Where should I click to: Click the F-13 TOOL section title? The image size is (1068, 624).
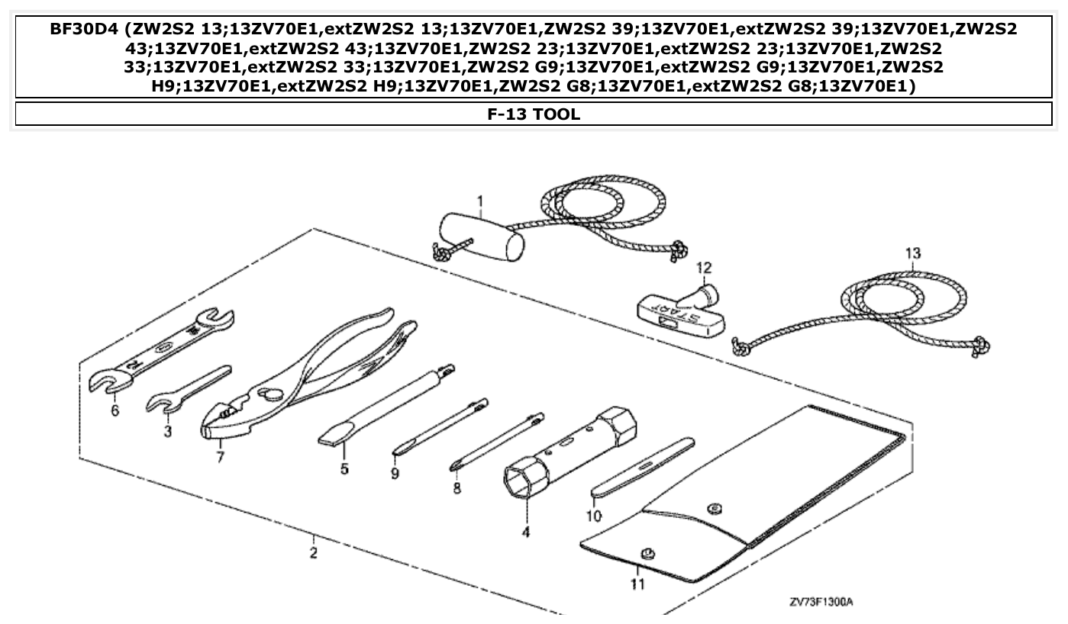(534, 114)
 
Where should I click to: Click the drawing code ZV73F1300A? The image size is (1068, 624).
(821, 603)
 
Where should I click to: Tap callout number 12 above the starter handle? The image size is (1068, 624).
(703, 268)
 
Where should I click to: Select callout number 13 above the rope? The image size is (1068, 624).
(913, 253)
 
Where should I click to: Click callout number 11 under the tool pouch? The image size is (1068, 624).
(637, 584)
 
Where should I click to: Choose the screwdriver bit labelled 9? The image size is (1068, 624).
(439, 428)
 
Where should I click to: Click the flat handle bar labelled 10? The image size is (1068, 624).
(641, 467)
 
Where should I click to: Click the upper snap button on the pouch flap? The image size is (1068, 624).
(715, 507)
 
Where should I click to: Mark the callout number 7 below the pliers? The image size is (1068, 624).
(220, 458)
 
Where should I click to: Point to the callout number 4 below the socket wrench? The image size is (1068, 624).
(525, 532)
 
